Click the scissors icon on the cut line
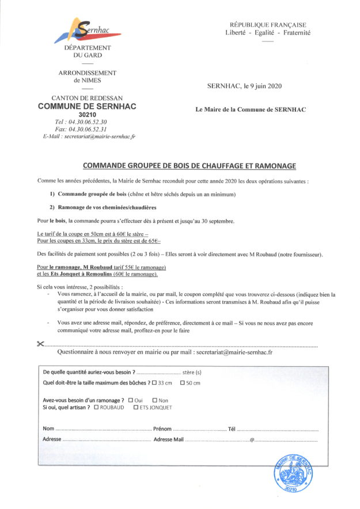click(x=40, y=344)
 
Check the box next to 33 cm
click(x=154, y=383)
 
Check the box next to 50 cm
click(x=183, y=383)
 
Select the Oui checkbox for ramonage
click(x=131, y=400)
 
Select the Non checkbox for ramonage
click(x=154, y=400)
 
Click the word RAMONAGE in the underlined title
click(x=270, y=166)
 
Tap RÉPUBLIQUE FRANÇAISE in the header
click(x=268, y=25)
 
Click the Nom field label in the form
click(x=48, y=428)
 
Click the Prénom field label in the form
click(x=162, y=428)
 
